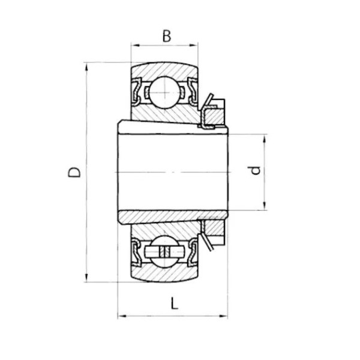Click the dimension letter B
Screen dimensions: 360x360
(x=167, y=36)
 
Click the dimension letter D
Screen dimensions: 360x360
(x=74, y=172)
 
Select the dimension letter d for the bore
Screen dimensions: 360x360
(x=254, y=170)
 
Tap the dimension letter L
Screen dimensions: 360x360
(x=175, y=303)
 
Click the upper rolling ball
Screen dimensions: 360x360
(x=164, y=92)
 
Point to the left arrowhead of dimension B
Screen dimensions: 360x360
(x=134, y=45)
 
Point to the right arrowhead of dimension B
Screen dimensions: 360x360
(x=194, y=45)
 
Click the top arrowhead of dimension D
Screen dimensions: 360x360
(x=86, y=67)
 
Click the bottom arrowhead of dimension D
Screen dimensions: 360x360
(x=86, y=278)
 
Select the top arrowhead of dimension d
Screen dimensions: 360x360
(x=264, y=139)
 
